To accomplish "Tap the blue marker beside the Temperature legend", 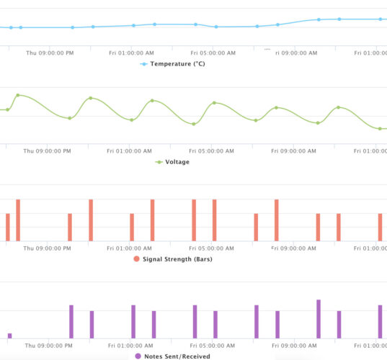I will pyautogui.click(x=143, y=64).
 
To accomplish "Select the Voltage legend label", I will pyautogui.click(x=177, y=162).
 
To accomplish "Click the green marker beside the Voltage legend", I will pyautogui.click(x=159, y=162).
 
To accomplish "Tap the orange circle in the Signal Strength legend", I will pyautogui.click(x=136, y=259).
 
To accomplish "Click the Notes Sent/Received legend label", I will pyautogui.click(x=177, y=356).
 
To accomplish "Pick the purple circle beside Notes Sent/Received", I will pyautogui.click(x=137, y=356).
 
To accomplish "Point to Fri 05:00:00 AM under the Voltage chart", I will pyautogui.click(x=213, y=151).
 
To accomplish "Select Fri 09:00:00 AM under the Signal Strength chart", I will pyautogui.click(x=295, y=248).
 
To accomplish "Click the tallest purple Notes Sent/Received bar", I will pyautogui.click(x=319, y=318).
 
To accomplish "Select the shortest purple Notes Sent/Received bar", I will pyautogui.click(x=9, y=335).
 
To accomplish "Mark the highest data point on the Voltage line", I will pyautogui.click(x=18, y=95).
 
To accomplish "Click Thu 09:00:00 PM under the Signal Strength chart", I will pyautogui.click(x=48, y=248).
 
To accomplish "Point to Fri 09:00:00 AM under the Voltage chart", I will pyautogui.click(x=295, y=151).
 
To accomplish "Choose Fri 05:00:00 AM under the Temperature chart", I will pyautogui.click(x=214, y=53).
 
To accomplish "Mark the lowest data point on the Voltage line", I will pyautogui.click(x=381, y=129).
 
